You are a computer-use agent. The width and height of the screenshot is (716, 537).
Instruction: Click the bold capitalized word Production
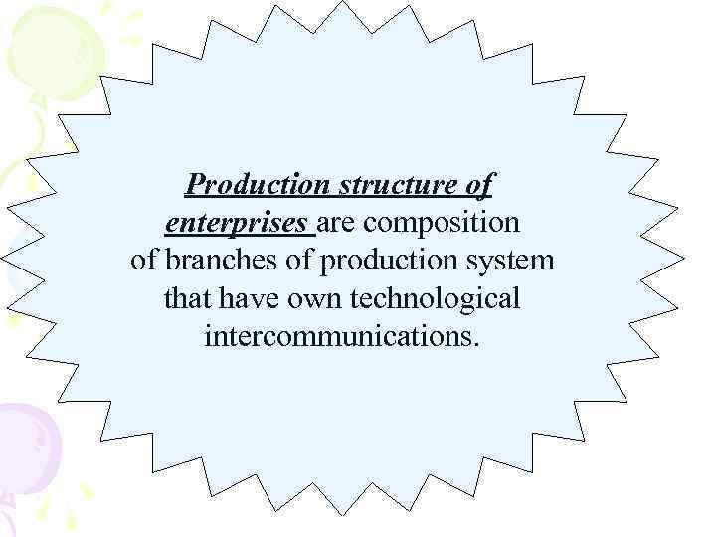259,185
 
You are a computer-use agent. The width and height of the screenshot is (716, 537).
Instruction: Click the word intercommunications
338,336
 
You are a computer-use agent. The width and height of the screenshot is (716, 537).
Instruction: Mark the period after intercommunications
475,343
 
